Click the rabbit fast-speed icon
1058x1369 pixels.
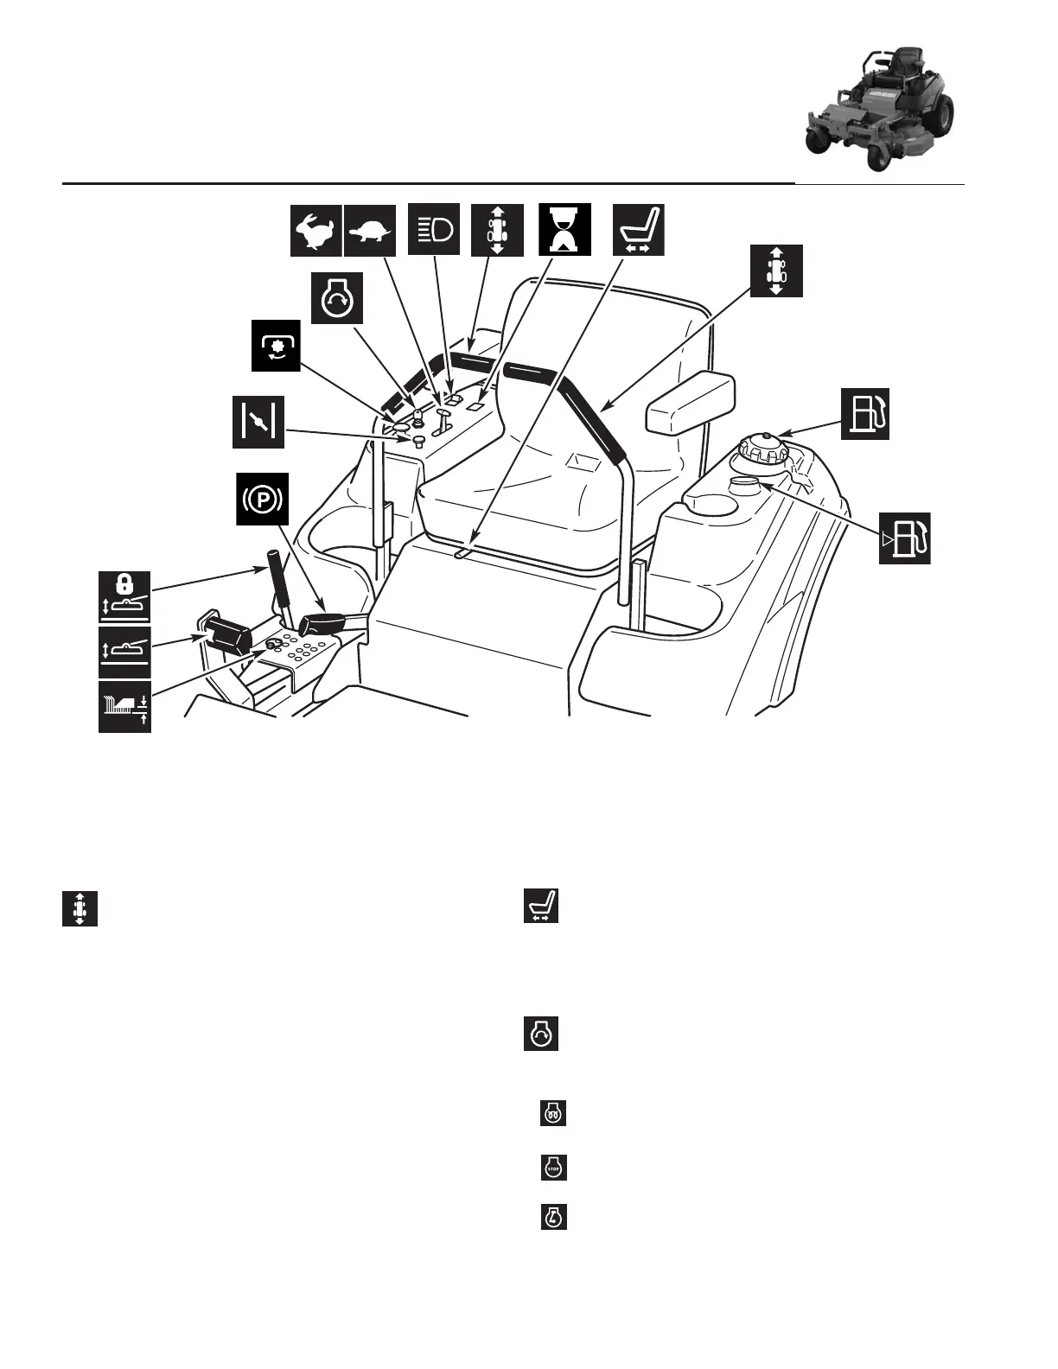(315, 231)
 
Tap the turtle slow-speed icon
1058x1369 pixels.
(370, 231)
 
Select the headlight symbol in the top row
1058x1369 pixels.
(434, 229)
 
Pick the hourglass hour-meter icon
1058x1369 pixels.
(564, 229)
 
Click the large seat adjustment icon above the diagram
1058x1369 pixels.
(638, 230)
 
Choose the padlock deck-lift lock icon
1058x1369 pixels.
(124, 595)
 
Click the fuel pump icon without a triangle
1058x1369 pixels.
(865, 415)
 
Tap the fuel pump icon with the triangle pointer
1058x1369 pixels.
(905, 538)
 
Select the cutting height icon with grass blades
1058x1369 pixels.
(124, 706)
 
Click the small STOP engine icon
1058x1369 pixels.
(553, 1168)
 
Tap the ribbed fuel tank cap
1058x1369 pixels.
(762, 451)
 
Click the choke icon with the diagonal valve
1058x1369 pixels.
(258, 422)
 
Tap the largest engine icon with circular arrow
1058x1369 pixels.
(337, 300)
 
